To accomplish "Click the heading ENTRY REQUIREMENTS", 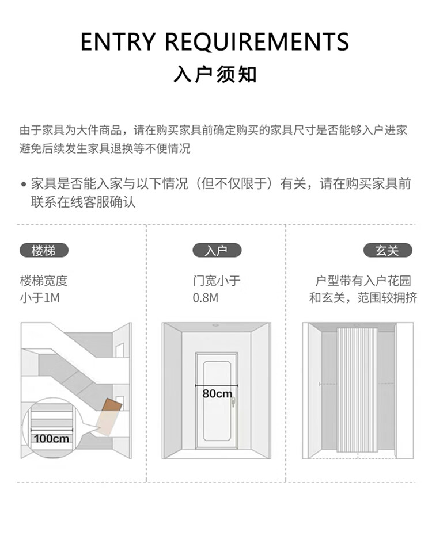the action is pos(215,42).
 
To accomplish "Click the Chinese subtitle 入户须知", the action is pos(215,75).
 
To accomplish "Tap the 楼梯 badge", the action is pos(44,250).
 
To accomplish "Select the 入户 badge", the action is pos(216,250).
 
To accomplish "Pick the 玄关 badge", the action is pos(388,250).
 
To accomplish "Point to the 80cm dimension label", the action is pos(217,394).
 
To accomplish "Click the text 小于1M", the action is pos(40,298).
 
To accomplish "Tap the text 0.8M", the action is pos(206,298).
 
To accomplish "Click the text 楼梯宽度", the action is pos(44,281).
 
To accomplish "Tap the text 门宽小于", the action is pos(217,281).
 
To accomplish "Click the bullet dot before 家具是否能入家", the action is pos(24,185).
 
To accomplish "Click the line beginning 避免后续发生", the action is pos(105,149).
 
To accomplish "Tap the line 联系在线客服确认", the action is pos(83,202).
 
